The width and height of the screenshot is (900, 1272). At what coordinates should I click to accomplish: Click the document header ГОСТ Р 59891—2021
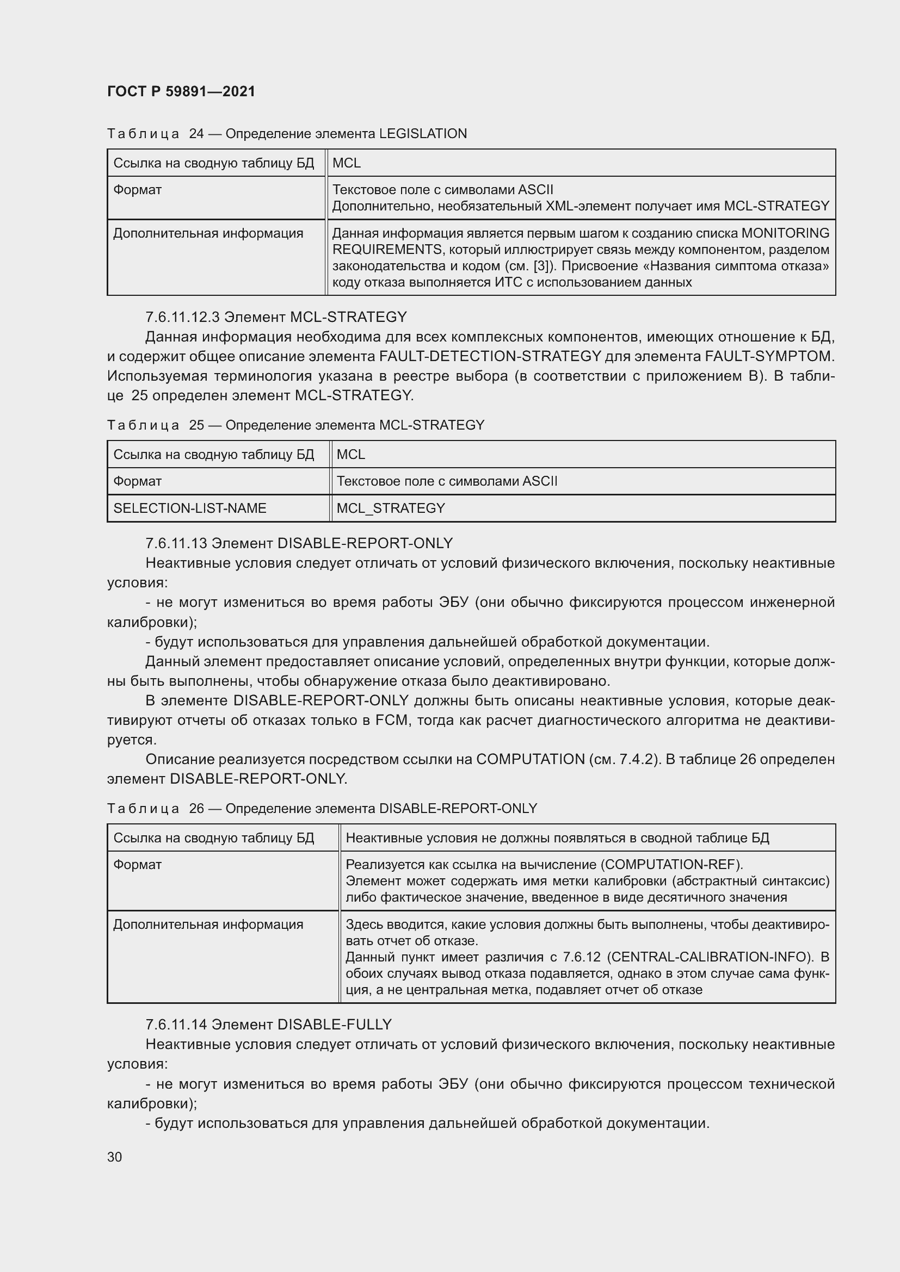point(181,91)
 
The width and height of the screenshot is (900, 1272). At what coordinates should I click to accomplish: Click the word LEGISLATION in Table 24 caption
point(423,134)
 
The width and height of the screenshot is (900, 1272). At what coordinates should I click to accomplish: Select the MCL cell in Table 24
point(347,163)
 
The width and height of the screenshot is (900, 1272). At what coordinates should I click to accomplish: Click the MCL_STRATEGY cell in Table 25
point(391,508)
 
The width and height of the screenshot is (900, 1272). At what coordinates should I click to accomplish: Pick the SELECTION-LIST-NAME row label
point(189,508)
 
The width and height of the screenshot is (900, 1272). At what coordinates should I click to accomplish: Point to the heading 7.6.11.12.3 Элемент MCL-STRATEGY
point(276,317)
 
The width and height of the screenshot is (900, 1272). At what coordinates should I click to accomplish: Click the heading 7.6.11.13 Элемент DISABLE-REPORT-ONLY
point(299,543)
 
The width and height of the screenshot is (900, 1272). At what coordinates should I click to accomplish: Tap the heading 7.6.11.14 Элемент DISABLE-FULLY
point(269,1025)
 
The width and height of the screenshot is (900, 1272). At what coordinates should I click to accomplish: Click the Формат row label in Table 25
point(138,481)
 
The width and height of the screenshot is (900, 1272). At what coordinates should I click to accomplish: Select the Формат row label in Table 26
point(138,865)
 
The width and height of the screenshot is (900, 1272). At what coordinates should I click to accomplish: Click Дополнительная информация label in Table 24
point(208,233)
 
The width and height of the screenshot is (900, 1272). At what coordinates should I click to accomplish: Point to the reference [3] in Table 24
point(542,266)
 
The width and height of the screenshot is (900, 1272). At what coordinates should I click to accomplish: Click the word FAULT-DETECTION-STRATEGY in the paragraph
point(490,356)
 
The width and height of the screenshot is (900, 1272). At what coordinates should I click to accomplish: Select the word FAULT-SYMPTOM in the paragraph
point(769,356)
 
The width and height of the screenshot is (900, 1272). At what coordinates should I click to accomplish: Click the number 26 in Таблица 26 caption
point(197,809)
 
